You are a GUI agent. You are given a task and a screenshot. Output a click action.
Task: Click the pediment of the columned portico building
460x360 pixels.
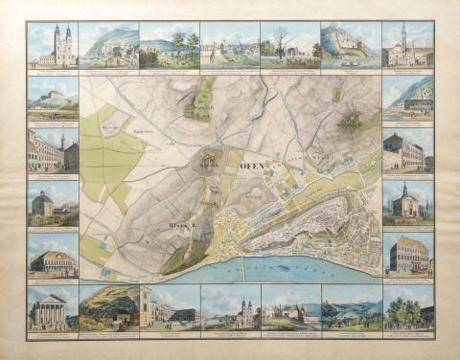pyautogui.click(x=51, y=296)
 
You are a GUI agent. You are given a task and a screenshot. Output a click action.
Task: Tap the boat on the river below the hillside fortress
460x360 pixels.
pyautogui.click(x=345, y=57)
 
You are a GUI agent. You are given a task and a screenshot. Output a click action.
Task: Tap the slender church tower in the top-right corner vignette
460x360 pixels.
pyautogui.click(x=403, y=38)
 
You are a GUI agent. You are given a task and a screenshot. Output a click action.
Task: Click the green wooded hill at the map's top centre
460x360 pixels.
pyautogui.click(x=203, y=96)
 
